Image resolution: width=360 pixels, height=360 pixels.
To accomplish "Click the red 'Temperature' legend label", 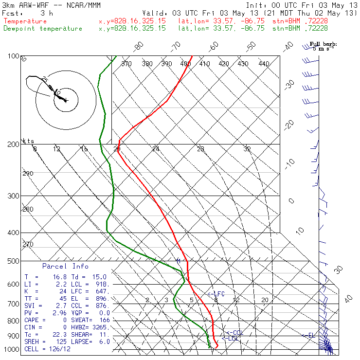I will click(x=25, y=21).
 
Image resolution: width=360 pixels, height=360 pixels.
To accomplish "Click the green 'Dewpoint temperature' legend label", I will click(x=43, y=29).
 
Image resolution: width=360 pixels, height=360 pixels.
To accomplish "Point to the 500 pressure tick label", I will click(x=14, y=261).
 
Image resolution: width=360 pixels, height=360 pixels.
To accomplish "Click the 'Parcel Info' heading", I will click(x=65, y=266).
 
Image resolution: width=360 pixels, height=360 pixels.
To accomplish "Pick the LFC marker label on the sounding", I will click(x=217, y=294).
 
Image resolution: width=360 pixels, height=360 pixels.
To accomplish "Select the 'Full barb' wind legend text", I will click(x=324, y=44).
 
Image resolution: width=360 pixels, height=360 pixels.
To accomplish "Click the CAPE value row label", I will click(x=33, y=320).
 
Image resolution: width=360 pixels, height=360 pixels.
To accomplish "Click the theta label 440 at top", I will click(x=264, y=64).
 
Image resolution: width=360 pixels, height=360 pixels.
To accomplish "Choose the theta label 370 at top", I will click(x=126, y=64).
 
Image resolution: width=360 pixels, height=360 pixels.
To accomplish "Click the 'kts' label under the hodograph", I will click(x=29, y=141).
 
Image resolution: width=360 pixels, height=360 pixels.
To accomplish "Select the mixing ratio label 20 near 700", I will click(x=265, y=300).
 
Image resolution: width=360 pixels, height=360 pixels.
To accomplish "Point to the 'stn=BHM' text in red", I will click(x=288, y=21).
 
